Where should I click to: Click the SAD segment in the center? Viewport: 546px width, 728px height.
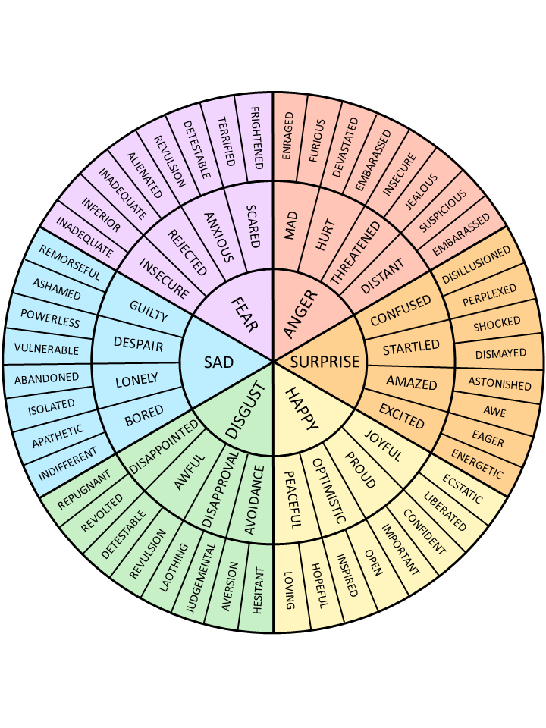pos(218,362)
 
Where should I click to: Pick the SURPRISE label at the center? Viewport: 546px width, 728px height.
pos(325,362)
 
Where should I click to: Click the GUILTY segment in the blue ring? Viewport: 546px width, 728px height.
pos(149,312)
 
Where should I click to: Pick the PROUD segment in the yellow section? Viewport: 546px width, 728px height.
pos(360,471)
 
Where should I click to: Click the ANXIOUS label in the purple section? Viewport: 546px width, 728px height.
pos(218,236)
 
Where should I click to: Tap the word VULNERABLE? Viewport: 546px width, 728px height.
pos(47,350)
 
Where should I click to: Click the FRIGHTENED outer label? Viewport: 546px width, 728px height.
pos(256,139)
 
